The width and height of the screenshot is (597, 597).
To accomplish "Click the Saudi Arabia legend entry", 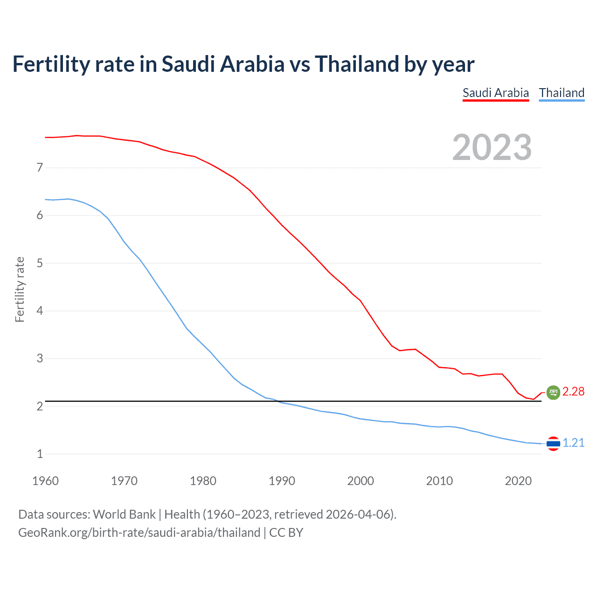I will [x=495, y=93].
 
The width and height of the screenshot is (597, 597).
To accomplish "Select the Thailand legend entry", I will [x=562, y=93].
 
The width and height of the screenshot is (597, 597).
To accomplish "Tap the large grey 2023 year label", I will [x=492, y=147].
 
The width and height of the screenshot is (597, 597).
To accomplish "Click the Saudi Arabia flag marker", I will [x=553, y=392].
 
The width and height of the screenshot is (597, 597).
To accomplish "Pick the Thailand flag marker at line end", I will [x=553, y=443].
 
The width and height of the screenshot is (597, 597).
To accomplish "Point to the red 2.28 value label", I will [x=573, y=392].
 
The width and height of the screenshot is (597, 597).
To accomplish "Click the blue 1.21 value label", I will [x=573, y=443].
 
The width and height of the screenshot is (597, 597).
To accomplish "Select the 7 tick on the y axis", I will [x=40, y=167].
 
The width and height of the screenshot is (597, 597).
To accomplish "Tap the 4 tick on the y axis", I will [x=40, y=311].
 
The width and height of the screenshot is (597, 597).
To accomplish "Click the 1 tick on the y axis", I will [x=40, y=454].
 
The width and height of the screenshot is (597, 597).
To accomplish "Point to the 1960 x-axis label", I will [x=45, y=481].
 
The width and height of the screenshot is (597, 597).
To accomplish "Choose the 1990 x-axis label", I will [x=282, y=481].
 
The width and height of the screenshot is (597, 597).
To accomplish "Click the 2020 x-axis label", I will [x=518, y=481].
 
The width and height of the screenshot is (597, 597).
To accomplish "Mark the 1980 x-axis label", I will [x=203, y=481].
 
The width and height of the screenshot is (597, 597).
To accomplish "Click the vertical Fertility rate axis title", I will [x=20, y=289].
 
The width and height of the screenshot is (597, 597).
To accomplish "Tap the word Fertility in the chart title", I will [x=50, y=64].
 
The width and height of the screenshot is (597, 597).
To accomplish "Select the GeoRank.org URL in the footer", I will [x=139, y=533].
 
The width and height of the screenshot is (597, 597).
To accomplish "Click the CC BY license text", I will [x=286, y=533].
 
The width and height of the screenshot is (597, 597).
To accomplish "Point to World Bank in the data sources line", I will [x=124, y=514].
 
